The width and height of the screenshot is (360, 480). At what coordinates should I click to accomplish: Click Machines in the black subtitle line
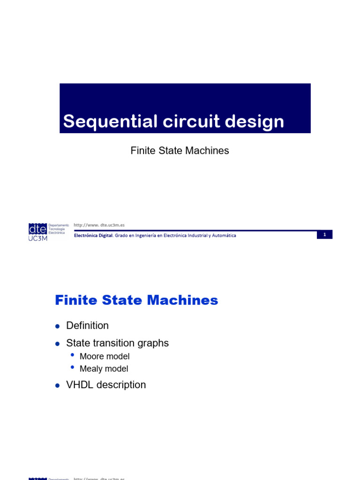coord(207,150)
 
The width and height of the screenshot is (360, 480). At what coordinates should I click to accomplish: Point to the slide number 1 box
coord(324,234)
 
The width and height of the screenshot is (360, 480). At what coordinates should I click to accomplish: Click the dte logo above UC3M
coord(37,229)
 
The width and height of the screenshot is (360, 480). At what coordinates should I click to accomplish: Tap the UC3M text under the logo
coord(38,238)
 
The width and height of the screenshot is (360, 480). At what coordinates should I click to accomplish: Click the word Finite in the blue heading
coord(74,300)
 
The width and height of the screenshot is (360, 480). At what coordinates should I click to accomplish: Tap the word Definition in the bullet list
coord(87,325)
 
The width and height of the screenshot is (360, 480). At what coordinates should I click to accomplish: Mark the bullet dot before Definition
coord(57,326)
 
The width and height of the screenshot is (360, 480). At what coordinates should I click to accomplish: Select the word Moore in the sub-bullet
coord(91,356)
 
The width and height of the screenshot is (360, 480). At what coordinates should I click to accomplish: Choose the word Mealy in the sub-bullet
coord(91,369)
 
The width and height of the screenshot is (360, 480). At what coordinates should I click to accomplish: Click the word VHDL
coord(79,385)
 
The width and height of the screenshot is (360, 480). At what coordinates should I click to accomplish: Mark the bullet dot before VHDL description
coord(57,386)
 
